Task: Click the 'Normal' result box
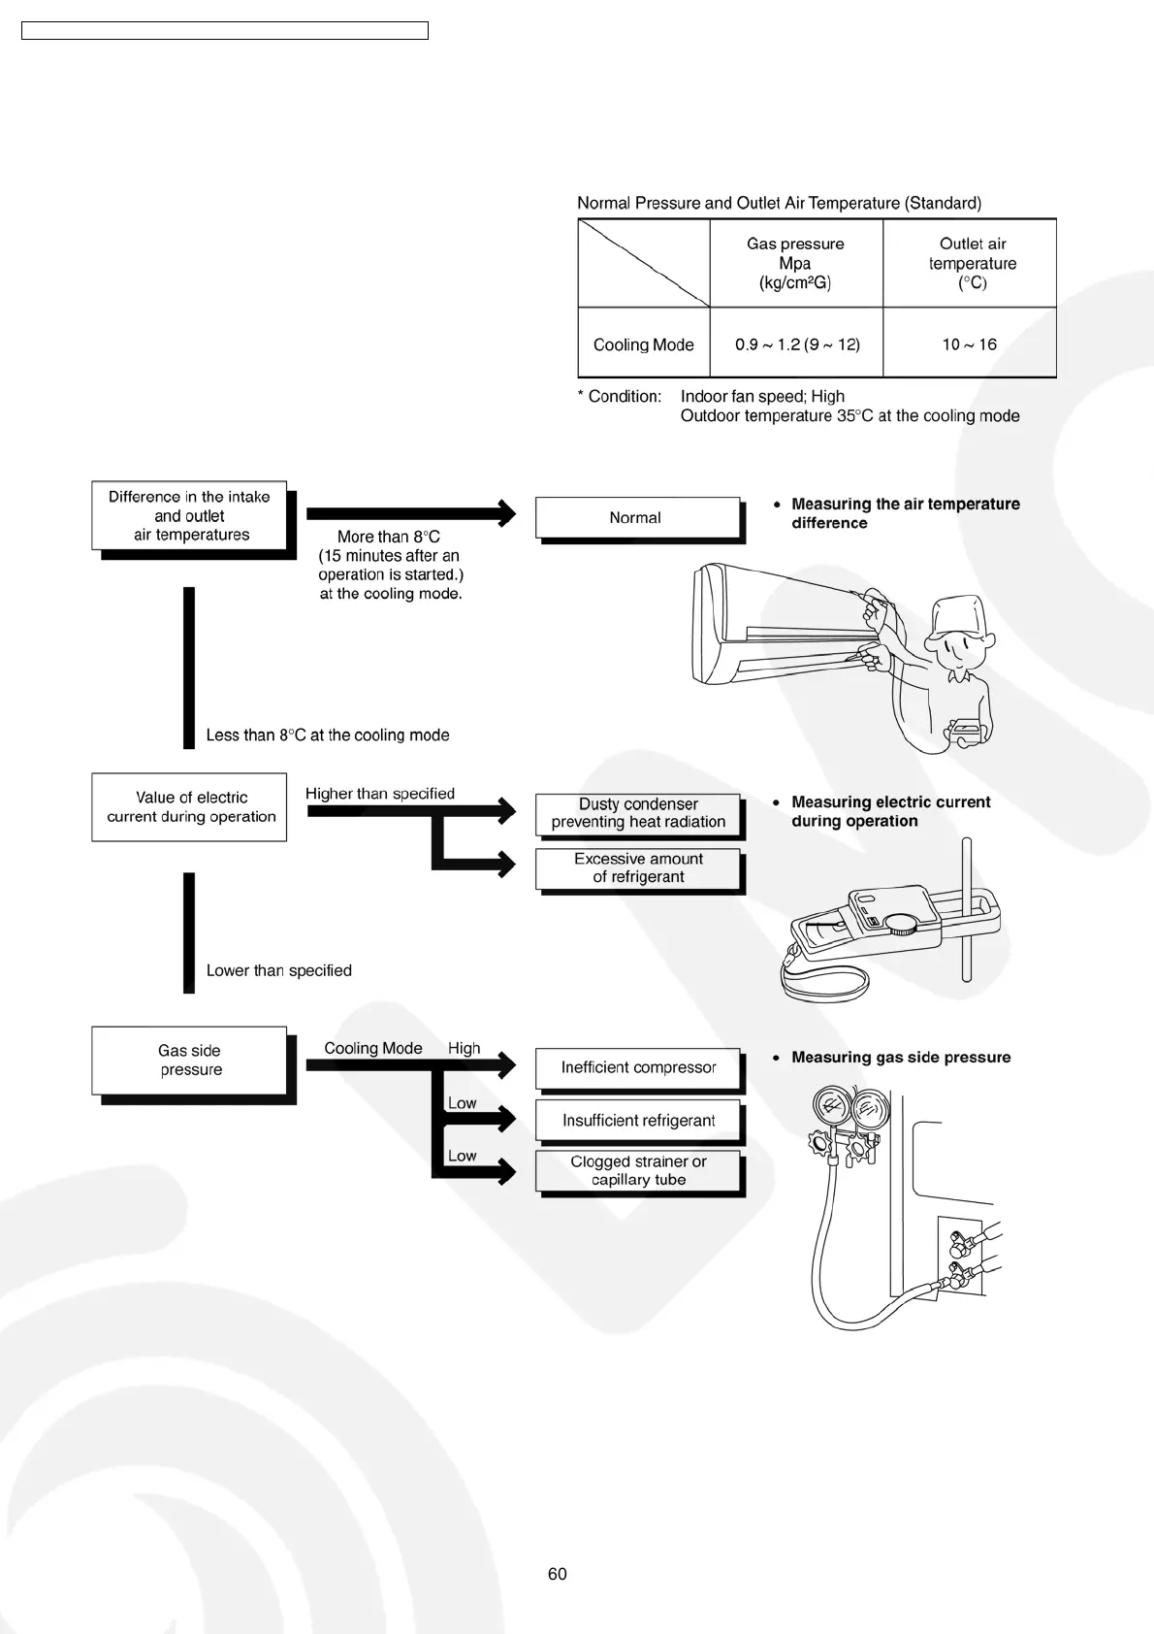tap(636, 517)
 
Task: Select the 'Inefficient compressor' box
tap(638, 1067)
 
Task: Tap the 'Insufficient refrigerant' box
tap(638, 1120)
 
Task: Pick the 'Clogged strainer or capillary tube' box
tap(638, 1170)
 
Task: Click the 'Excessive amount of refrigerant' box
tap(638, 867)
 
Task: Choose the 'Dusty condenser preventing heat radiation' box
tap(638, 813)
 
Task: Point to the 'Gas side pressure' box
tap(190, 1061)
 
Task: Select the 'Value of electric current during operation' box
tap(190, 807)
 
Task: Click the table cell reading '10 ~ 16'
tap(969, 344)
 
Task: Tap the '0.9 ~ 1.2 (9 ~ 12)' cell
tap(797, 344)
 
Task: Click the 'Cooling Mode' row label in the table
tap(643, 344)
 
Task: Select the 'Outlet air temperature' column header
tap(972, 263)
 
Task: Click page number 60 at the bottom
tap(558, 1574)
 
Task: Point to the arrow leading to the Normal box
tap(411, 513)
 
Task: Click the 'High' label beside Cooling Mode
tap(464, 1048)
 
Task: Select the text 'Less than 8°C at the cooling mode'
tap(328, 735)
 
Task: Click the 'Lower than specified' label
tap(278, 970)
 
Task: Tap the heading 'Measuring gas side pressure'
tap(901, 1057)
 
